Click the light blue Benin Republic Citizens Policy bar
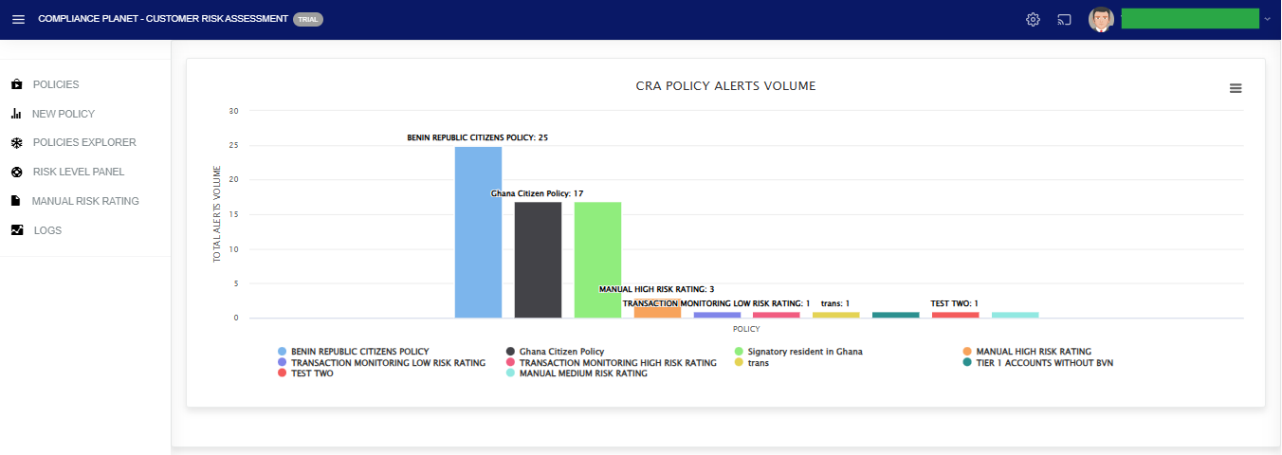point(478,232)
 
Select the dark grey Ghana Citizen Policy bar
point(538,260)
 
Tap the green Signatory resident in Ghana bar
point(597,260)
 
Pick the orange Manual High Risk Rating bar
point(657,312)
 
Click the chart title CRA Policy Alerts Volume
point(725,86)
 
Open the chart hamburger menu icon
point(1236,88)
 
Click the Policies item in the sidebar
point(55,84)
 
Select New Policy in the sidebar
point(63,114)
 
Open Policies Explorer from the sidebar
point(83,142)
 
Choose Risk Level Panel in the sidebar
point(78,172)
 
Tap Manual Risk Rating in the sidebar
point(84,201)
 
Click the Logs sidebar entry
point(47,230)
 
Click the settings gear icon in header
point(1033,20)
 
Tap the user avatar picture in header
point(1100,20)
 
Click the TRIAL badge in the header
point(308,19)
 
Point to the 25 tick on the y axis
point(233,146)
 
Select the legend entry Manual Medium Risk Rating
point(582,373)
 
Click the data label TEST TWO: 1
point(954,303)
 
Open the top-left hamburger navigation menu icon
point(18,20)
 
